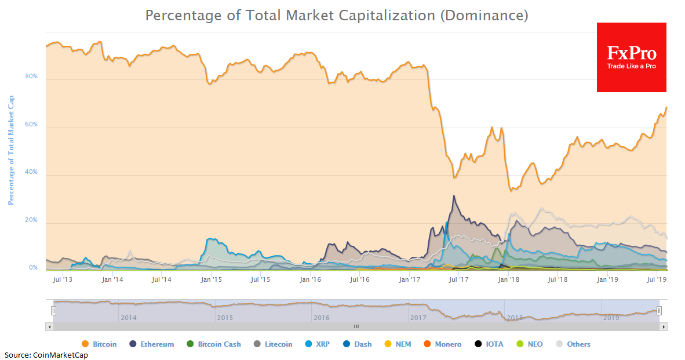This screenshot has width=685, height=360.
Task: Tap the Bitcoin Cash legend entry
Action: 219,344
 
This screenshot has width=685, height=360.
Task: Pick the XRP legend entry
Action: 323,344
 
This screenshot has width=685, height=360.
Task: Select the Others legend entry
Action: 578,344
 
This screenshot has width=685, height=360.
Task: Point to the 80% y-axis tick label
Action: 31,77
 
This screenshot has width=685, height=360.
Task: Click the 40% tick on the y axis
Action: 31,172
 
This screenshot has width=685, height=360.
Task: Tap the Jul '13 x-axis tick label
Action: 61,279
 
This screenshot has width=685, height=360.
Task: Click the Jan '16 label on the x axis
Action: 310,279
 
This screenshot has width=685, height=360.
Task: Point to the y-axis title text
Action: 11,150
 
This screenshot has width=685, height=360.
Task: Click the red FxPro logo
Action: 631,57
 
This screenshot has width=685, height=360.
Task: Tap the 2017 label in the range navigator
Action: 418,318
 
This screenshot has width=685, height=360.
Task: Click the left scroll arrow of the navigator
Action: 49,326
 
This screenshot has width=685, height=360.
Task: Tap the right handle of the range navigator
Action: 659,311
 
